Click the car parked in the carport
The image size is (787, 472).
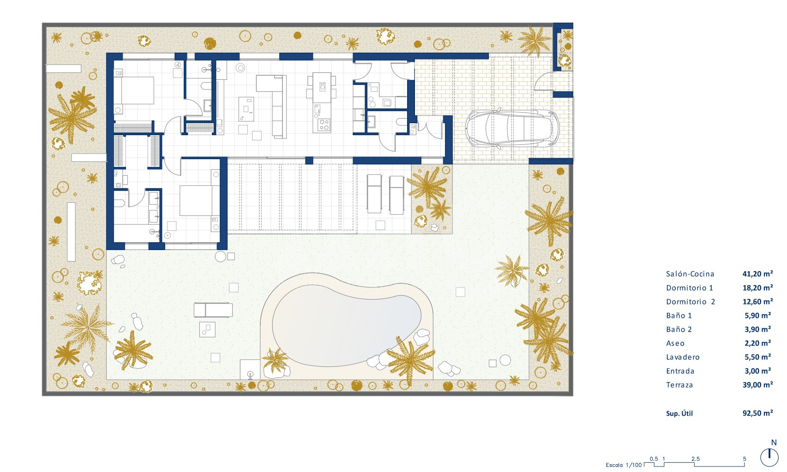pyautogui.click(x=512, y=128)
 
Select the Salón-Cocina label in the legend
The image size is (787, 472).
pyautogui.click(x=690, y=274)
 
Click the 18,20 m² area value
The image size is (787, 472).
pyautogui.click(x=757, y=288)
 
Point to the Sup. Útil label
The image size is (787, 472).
pyautogui.click(x=679, y=413)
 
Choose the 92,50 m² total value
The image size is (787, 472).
pyautogui.click(x=757, y=413)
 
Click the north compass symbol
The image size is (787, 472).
pyautogui.click(x=769, y=457)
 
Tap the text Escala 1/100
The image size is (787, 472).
pyautogui.click(x=624, y=465)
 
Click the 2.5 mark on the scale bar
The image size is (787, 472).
pyautogui.click(x=695, y=459)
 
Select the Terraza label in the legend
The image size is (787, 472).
pyautogui.click(x=679, y=385)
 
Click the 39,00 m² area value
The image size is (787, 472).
pyautogui.click(x=757, y=385)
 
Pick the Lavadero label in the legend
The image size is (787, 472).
pyautogui.click(x=683, y=357)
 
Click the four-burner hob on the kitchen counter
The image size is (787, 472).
pyautogui.click(x=324, y=124)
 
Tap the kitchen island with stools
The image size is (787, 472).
pyautogui.click(x=322, y=88)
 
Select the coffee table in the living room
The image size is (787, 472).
pyautogui.click(x=246, y=109)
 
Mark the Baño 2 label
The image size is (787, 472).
pyautogui.click(x=679, y=329)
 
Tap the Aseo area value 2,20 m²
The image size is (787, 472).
pyautogui.click(x=757, y=343)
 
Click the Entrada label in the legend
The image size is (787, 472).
pyautogui.click(x=680, y=371)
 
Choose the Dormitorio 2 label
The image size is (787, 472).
pyautogui.click(x=691, y=302)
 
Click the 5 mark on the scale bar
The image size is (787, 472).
pyautogui.click(x=744, y=459)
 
